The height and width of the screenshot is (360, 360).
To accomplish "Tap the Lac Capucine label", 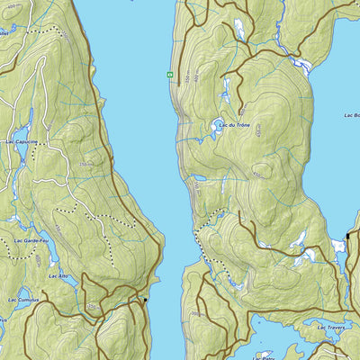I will (x=22, y=141).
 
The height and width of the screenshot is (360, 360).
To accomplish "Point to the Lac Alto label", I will (x=58, y=275).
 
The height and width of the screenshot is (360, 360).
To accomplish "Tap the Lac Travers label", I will (x=330, y=328).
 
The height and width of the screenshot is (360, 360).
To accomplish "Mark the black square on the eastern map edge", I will (x=348, y=236).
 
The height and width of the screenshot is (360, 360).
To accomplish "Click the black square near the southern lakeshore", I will (x=145, y=300).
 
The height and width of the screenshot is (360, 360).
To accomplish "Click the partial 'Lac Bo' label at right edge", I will (x=351, y=115).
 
